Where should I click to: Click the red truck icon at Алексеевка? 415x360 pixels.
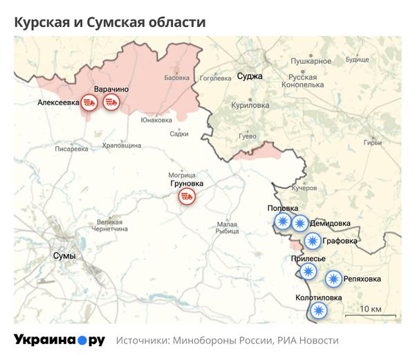click(89, 102)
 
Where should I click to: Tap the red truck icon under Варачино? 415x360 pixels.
click(111, 102)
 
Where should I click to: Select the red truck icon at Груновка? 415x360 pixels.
click(186, 196)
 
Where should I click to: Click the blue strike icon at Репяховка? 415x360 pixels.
click(334, 279)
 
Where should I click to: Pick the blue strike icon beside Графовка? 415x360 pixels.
click(313, 241)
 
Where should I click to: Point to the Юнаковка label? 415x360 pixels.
click(156, 120)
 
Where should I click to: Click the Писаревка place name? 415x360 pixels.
click(72, 148)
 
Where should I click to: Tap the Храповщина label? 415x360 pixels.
click(122, 145)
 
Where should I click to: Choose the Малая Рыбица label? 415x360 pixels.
click(227, 228)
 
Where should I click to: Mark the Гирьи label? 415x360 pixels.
click(372, 143)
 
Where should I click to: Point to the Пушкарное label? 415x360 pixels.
click(311, 62)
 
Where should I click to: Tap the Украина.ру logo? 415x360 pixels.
click(59, 340)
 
